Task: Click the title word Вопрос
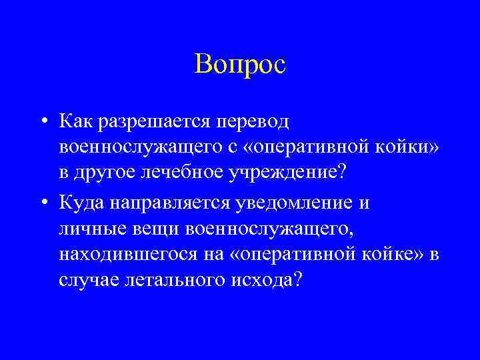tap(240, 65)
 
